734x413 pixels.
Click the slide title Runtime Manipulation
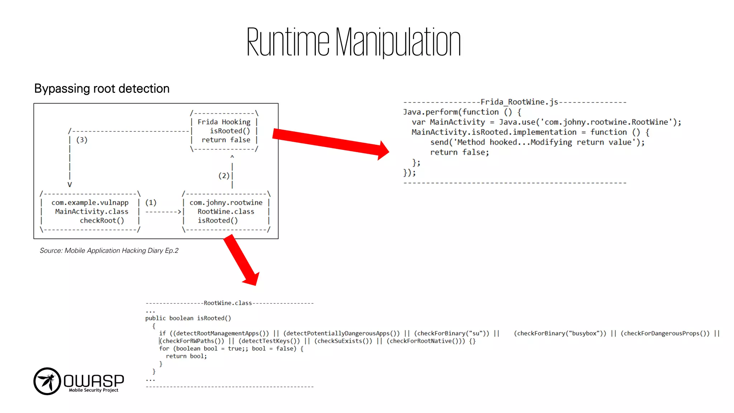353,42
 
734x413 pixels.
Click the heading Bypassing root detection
102,89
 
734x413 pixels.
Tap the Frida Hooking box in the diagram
224,131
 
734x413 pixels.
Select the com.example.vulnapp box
90,212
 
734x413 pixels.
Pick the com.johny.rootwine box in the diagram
226,212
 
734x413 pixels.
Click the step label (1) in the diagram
151,203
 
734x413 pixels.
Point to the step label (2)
224,176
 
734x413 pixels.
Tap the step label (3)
82,140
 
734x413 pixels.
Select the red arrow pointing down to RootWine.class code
241,260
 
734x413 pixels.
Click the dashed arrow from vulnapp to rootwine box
163,212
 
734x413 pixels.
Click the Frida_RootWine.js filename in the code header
519,102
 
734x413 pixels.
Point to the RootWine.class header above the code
228,303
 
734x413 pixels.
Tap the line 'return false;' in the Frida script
459,152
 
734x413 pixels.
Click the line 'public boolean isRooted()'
188,318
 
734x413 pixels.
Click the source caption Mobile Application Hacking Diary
109,251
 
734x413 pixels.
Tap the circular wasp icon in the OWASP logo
47,381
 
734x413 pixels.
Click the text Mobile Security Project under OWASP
94,390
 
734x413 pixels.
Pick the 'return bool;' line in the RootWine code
186,356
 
